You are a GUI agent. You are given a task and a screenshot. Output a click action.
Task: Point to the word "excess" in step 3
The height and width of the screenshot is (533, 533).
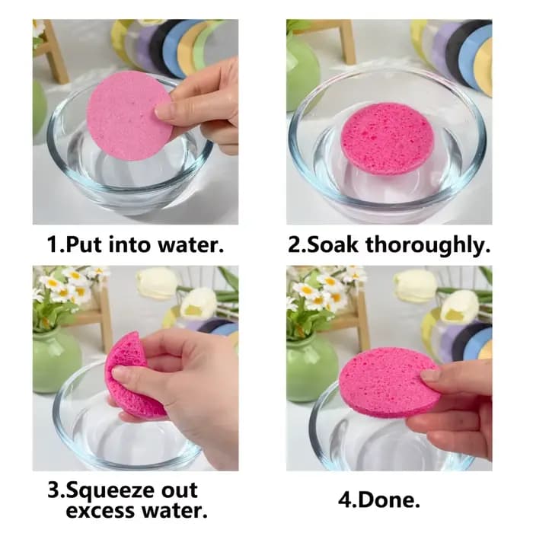point(101,511)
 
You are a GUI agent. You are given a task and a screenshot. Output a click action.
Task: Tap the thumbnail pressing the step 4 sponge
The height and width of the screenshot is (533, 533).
point(429,375)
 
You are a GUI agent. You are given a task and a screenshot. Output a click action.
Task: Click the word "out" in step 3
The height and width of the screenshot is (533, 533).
point(179,490)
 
